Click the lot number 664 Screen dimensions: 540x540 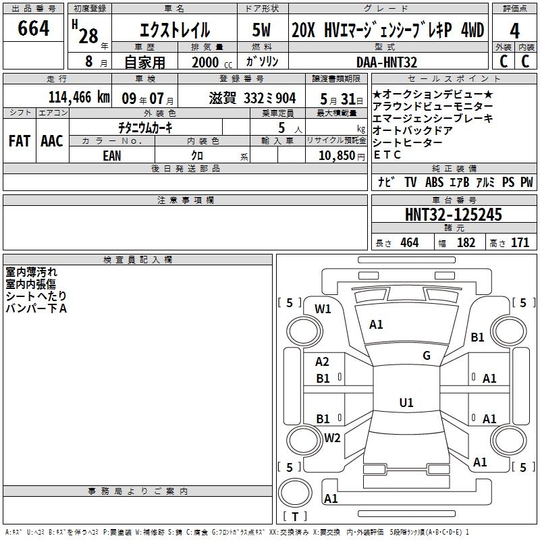(33, 28)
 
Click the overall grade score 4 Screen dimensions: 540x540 (514, 31)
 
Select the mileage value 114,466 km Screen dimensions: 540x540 (79, 97)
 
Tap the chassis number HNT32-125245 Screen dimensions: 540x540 (453, 215)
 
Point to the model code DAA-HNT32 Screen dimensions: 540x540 (386, 62)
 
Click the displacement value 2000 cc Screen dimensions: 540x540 (212, 62)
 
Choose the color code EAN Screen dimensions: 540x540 (112, 156)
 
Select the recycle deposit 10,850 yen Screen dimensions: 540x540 (342, 156)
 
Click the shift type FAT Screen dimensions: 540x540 (20, 141)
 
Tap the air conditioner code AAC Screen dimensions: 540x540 (52, 141)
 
